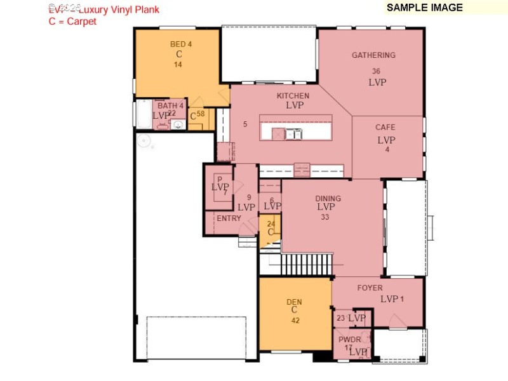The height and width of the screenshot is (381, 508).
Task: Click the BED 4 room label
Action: pyautogui.click(x=180, y=44)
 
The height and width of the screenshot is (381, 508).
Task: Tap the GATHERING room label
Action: pyautogui.click(x=373, y=55)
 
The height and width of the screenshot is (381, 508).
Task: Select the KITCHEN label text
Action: pyautogui.click(x=293, y=96)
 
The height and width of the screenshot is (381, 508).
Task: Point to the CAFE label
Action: pyautogui.click(x=385, y=128)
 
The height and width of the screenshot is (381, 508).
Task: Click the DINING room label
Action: pyautogui.click(x=328, y=198)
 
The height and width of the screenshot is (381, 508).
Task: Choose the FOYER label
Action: pyautogui.click(x=370, y=288)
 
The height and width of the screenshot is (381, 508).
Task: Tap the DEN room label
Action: pyautogui.click(x=294, y=302)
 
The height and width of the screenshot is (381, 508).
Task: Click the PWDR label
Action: pyautogui.click(x=349, y=340)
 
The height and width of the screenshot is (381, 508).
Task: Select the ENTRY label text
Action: pyautogui.click(x=229, y=218)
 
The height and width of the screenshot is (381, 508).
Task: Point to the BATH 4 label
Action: pyautogui.click(x=170, y=105)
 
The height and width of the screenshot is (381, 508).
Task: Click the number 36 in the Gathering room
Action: pyautogui.click(x=376, y=71)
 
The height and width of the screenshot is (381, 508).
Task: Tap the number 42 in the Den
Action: pyautogui.click(x=295, y=321)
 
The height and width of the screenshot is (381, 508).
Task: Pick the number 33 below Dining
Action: pyautogui.click(x=325, y=217)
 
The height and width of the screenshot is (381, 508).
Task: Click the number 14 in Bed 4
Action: pyautogui.click(x=178, y=65)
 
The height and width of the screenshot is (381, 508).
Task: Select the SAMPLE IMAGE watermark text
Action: pyautogui.click(x=425, y=8)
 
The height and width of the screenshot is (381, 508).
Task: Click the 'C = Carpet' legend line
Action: pyautogui.click(x=72, y=21)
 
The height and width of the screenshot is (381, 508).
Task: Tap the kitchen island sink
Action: pyautogui.click(x=293, y=133)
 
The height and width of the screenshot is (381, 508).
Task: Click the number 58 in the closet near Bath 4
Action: pyautogui.click(x=201, y=114)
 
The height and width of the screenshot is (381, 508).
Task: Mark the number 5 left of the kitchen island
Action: pyautogui.click(x=245, y=124)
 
